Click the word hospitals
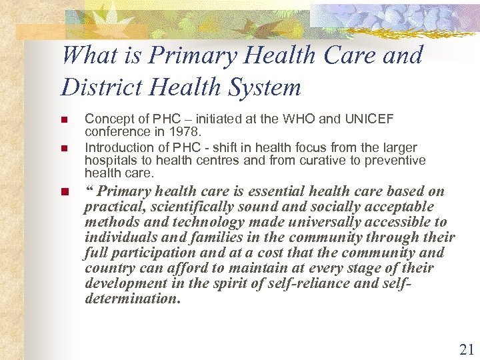pos(108,161)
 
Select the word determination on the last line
pos(132,299)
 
